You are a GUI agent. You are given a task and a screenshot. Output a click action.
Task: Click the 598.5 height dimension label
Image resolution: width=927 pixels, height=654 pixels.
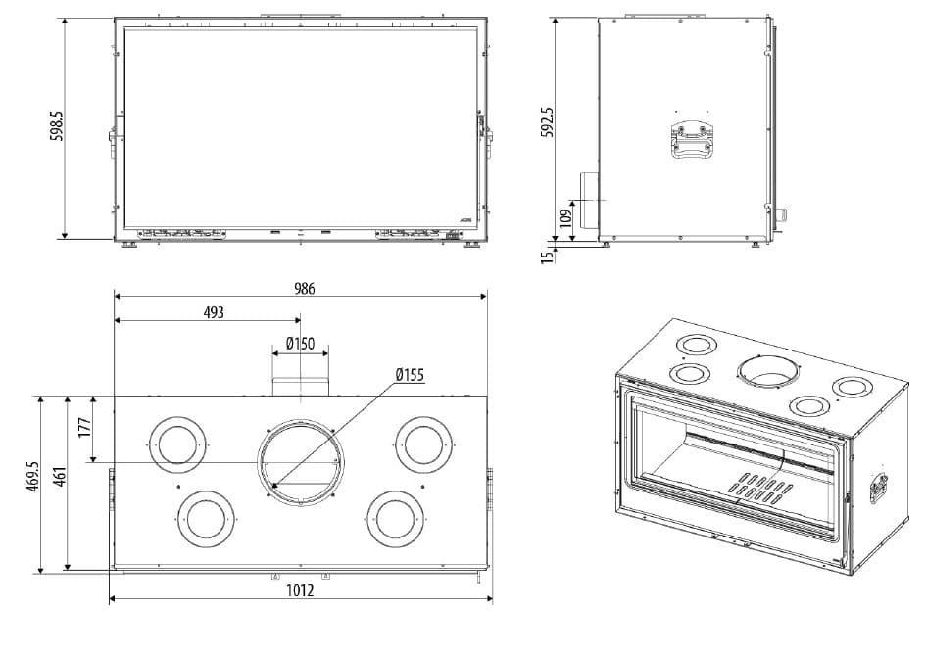click(57, 126)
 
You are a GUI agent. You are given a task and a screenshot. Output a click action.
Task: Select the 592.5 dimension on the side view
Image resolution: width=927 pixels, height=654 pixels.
click(549, 123)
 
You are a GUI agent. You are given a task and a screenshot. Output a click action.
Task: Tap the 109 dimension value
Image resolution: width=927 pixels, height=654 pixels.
click(565, 217)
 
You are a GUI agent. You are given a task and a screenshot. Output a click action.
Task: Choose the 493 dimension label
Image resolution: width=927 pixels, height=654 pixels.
click(214, 312)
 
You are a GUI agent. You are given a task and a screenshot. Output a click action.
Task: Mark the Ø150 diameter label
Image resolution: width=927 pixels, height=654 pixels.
click(300, 343)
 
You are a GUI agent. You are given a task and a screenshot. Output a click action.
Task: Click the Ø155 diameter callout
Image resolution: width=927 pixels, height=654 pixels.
click(410, 375)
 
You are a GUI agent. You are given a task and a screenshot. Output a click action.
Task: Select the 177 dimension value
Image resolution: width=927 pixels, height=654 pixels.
click(85, 427)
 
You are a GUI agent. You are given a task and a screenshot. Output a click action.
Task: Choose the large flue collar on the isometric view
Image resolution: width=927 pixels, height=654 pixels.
click(767, 371)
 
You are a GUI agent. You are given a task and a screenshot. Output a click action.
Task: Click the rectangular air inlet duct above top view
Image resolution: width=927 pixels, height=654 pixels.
click(300, 384)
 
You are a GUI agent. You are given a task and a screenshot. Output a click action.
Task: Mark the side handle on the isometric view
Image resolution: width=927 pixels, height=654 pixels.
click(880, 487)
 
